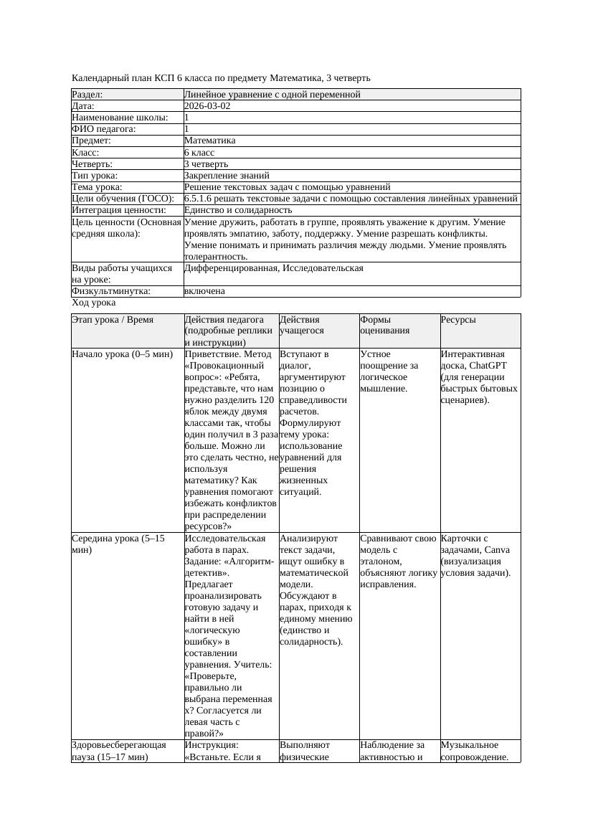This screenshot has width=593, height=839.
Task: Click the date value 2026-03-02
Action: point(207,106)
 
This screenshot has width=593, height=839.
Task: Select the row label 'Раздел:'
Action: point(87,95)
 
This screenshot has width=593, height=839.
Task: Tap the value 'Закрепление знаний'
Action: point(227,175)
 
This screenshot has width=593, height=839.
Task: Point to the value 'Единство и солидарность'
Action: point(238,210)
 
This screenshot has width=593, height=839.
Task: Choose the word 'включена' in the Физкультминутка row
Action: point(204,291)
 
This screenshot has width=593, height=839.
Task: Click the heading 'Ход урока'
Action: point(93,303)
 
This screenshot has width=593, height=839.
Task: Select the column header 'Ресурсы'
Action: point(458,320)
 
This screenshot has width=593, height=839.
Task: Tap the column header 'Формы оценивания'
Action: point(385,325)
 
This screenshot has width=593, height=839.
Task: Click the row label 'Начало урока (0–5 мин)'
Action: point(122,354)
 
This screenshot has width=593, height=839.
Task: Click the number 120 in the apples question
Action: point(266,399)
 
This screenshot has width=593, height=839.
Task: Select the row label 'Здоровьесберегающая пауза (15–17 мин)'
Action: point(119,751)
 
